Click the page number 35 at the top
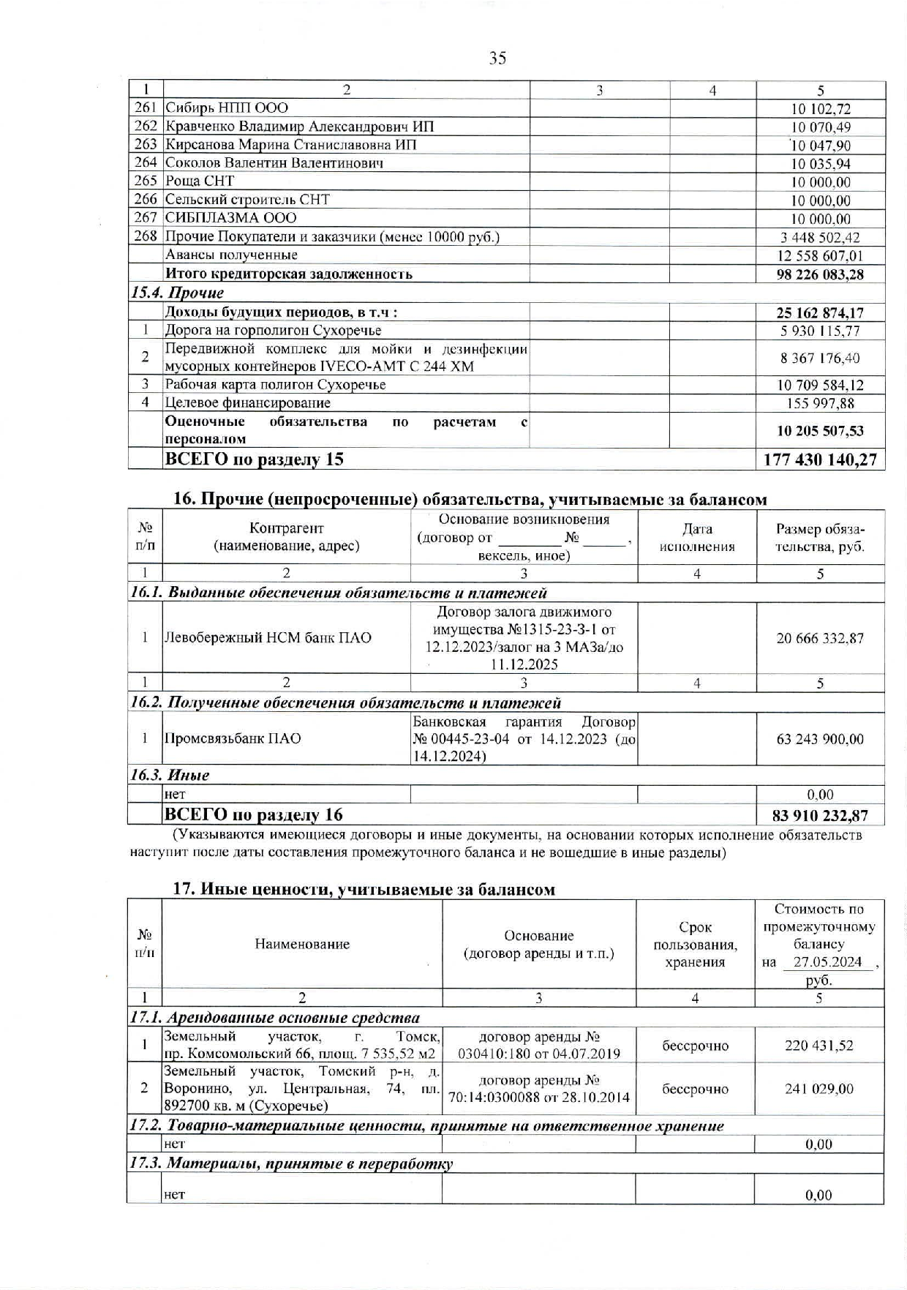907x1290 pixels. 497,59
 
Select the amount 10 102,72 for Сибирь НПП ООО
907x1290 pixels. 821,109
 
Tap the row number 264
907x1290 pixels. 146,162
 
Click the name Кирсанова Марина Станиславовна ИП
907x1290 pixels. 290,145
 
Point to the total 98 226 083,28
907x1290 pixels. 820,274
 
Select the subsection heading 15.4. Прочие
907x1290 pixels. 177,293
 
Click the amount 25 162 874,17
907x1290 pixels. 820,312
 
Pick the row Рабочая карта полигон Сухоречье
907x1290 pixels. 275,385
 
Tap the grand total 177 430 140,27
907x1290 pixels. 820,460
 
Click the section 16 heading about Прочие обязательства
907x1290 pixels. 470,500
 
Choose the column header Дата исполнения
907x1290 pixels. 696,538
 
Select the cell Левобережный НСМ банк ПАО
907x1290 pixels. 268,638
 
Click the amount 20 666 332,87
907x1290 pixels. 820,638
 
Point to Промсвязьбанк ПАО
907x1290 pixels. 233,739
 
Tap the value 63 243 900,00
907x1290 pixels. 820,739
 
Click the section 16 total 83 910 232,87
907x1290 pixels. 820,815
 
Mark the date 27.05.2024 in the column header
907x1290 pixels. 827,962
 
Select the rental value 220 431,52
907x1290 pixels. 818,1046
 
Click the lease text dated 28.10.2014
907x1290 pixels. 538,1090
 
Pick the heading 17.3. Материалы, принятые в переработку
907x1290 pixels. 291,1163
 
